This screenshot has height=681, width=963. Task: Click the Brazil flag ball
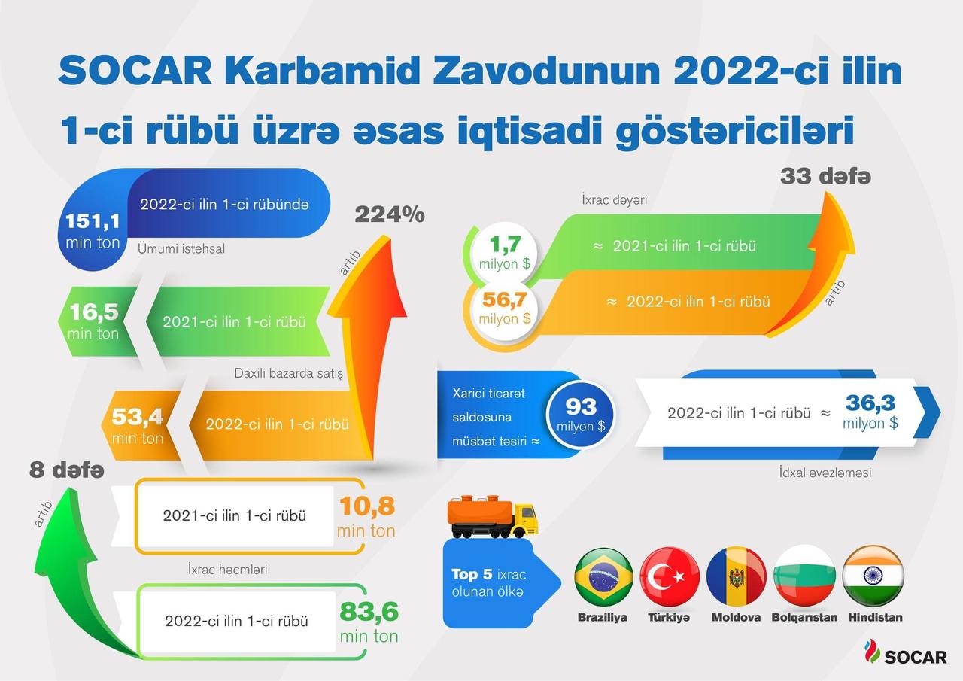(603, 576)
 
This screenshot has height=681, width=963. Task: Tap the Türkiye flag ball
(670, 576)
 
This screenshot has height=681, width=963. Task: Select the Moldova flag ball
(737, 576)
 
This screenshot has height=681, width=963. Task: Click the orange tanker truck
(493, 516)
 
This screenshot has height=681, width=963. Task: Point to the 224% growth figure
(390, 214)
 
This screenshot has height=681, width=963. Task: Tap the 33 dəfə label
(825, 176)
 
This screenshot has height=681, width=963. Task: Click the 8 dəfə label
(67, 470)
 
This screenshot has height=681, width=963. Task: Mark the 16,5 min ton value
(93, 321)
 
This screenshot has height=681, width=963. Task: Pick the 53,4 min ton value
(138, 426)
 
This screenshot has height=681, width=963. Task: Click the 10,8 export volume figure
(366, 506)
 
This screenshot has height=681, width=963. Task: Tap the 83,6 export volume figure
(369, 612)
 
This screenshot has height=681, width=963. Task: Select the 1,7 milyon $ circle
(504, 254)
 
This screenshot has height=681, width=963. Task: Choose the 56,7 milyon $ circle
(504, 309)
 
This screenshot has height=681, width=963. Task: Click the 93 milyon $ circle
(580, 415)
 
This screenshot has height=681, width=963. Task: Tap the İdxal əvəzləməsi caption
(825, 473)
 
